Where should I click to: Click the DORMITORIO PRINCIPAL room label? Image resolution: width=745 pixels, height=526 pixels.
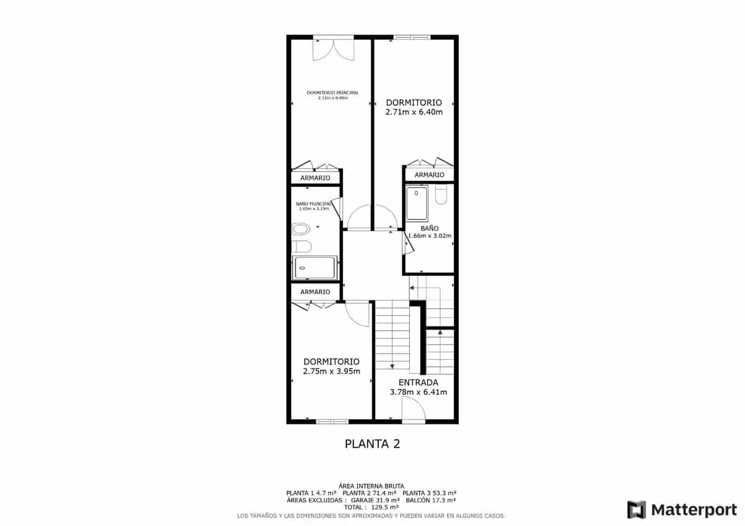332,93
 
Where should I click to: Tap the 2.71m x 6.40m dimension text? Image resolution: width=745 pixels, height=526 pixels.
414,112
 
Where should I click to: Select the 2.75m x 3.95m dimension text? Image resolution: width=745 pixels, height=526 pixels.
332,371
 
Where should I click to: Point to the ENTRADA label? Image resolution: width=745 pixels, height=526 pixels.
418,383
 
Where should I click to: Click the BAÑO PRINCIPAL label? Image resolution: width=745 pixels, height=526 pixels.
314,204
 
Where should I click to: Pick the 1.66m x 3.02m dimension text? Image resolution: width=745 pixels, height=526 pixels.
429,236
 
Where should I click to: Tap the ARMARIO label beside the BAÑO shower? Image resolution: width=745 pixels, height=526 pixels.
429,175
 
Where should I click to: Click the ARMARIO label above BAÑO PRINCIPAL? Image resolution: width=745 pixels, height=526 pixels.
315,178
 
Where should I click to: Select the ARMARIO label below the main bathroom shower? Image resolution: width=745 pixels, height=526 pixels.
315,292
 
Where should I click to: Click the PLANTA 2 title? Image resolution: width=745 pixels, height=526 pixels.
372,444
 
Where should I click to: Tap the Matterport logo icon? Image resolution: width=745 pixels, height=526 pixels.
637,510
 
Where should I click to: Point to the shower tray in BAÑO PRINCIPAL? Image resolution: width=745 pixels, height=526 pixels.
314,268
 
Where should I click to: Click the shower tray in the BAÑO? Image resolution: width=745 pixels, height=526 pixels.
417,203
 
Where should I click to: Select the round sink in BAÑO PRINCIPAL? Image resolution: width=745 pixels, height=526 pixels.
301,229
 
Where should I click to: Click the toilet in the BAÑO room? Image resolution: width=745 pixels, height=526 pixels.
441,195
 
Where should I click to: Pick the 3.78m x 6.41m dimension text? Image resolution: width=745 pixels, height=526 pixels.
418,392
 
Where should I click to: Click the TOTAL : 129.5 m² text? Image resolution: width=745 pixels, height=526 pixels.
371,507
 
